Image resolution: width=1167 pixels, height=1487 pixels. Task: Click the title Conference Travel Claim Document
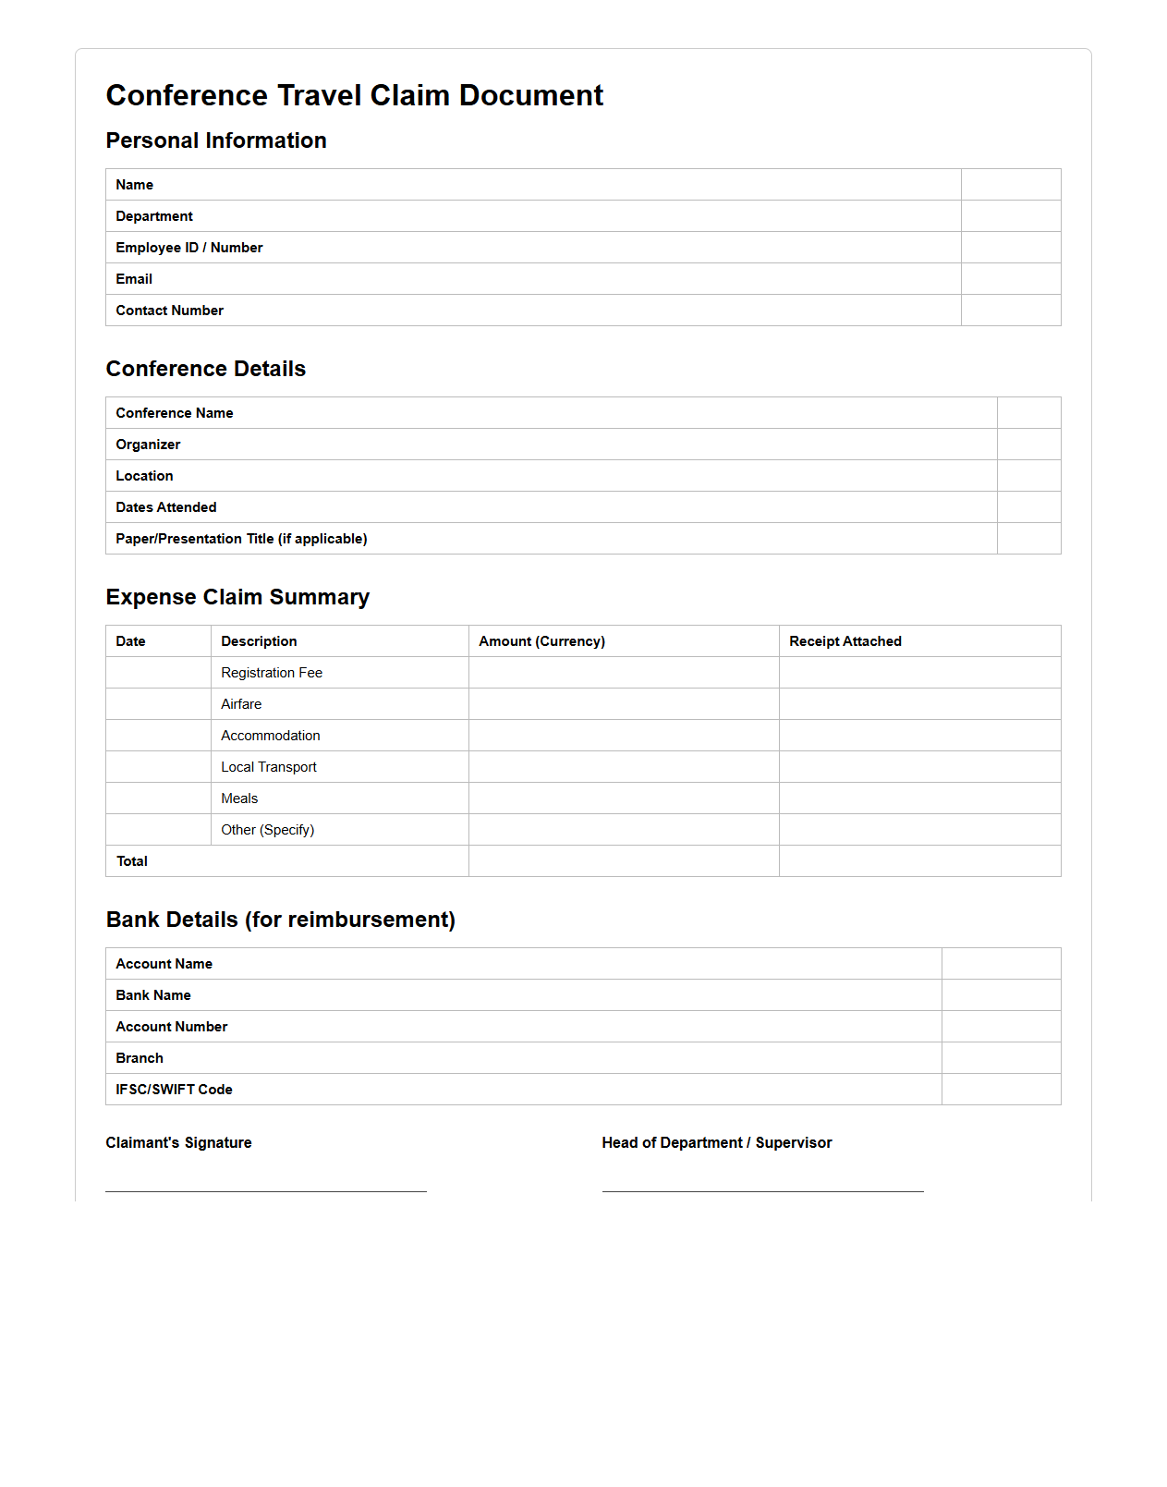point(354,95)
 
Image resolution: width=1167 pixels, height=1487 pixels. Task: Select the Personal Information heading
point(215,140)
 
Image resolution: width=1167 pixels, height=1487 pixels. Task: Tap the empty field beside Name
point(1010,185)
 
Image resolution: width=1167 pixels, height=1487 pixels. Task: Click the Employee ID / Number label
point(188,248)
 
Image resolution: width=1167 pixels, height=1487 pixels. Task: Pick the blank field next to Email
point(1010,279)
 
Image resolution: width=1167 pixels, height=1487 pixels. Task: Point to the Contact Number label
point(169,311)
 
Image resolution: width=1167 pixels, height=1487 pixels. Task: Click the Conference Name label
point(174,413)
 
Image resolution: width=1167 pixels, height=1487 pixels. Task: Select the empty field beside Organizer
point(1028,445)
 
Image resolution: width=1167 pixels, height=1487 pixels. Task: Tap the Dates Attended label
point(165,507)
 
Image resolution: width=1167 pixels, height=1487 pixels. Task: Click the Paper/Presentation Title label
point(241,539)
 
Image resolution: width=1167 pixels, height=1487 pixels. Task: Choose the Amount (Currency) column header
point(541,641)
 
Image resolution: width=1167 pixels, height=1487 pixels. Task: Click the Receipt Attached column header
point(845,641)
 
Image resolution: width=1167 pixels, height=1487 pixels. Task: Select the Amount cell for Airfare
point(623,704)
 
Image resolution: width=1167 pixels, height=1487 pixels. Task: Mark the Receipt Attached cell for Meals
point(919,798)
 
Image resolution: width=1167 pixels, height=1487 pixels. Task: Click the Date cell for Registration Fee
point(158,673)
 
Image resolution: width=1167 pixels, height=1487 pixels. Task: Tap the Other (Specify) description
point(267,830)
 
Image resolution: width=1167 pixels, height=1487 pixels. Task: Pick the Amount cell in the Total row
point(623,861)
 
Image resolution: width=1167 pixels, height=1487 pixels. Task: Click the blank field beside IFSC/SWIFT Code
point(1001,1090)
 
